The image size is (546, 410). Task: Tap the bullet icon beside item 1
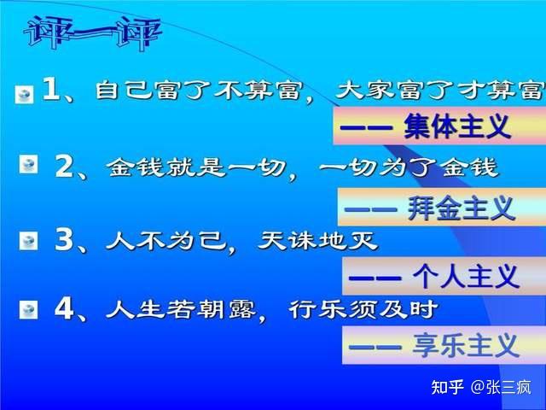pyautogui.click(x=25, y=94)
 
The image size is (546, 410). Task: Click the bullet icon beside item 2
pyautogui.click(x=28, y=165)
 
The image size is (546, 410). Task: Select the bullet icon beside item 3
pyautogui.click(x=28, y=240)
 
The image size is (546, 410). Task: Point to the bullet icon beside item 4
pyautogui.click(x=28, y=308)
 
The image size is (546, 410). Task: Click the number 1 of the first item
pyautogui.click(x=50, y=91)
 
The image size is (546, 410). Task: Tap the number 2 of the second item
pyautogui.click(x=64, y=166)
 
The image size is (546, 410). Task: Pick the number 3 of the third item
pyautogui.click(x=64, y=240)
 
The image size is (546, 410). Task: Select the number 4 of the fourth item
pyautogui.click(x=64, y=308)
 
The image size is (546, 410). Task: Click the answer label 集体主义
pyautogui.click(x=457, y=128)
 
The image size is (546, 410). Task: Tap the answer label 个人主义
pyautogui.click(x=465, y=276)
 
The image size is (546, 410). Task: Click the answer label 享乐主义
pyautogui.click(x=465, y=345)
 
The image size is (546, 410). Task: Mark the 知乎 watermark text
pyautogui.click(x=448, y=388)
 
